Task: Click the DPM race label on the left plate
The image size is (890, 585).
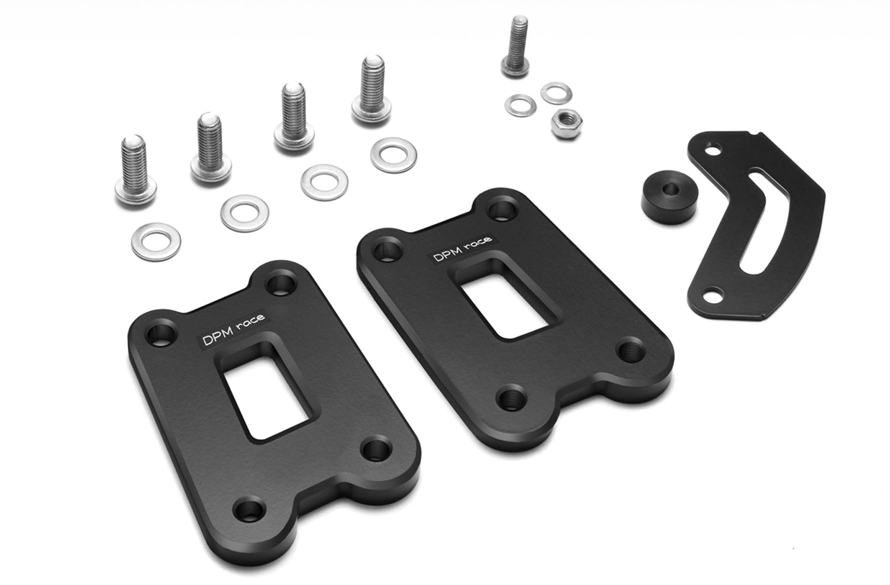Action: (234, 329)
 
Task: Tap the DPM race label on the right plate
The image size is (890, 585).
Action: (462, 248)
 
